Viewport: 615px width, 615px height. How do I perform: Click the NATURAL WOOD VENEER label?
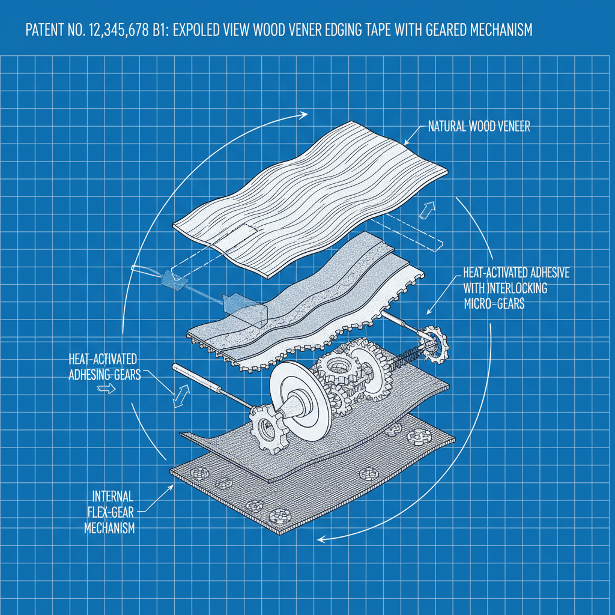479,127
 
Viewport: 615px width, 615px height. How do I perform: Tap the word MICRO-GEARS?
494,304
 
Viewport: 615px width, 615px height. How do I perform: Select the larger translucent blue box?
244,306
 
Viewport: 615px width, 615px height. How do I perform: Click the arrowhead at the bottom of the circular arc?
321,539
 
